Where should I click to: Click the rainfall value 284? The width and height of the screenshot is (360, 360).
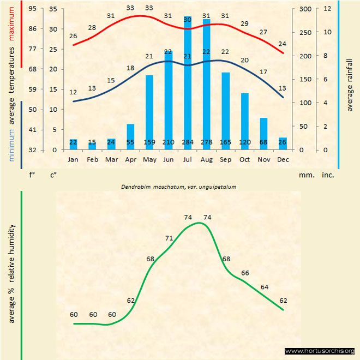pos(188,143)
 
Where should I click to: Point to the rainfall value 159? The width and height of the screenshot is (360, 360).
pos(149,143)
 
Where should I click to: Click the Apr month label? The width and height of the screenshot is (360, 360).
pos(130,159)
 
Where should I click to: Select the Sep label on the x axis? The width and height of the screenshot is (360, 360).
pos(226,159)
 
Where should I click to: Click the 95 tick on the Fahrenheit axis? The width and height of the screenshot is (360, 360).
pos(33,9)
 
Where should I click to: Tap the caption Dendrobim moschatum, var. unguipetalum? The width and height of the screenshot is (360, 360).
pos(182,187)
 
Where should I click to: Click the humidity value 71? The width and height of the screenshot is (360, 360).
pos(169,238)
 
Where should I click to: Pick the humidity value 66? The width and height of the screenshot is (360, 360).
pos(245,273)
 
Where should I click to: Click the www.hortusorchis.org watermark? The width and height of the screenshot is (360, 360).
pos(320,351)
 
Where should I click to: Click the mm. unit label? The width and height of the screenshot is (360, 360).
pos(305,175)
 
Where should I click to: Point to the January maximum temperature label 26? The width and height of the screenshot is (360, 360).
pos(74,36)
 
